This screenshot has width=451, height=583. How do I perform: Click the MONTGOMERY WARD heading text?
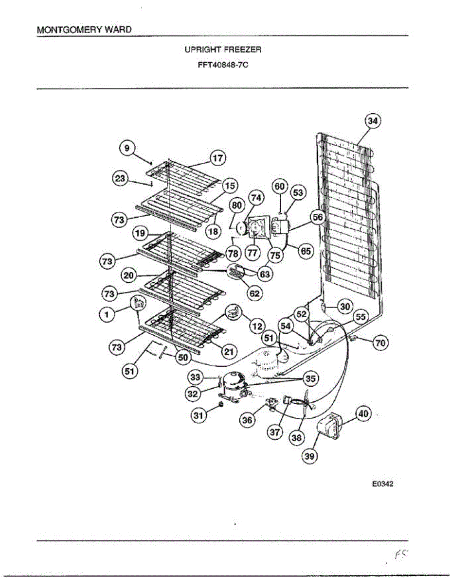tap(84, 30)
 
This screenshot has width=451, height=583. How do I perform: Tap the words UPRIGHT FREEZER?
tap(223, 50)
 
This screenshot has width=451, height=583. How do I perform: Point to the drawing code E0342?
tap(382, 484)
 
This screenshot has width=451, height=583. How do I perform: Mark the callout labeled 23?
tap(120, 178)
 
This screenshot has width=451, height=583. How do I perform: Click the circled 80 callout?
tap(237, 205)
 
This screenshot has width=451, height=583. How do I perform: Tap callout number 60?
tap(280, 186)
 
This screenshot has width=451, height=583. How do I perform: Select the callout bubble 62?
tap(254, 293)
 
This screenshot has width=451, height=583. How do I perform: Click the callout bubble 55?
tap(361, 317)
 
